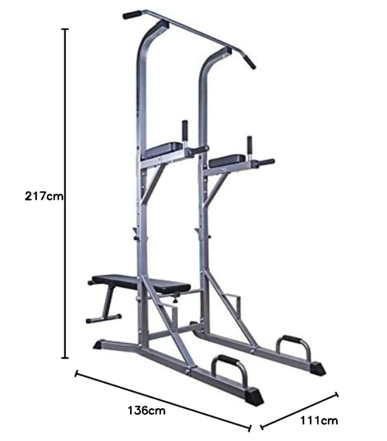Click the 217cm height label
click(44, 196)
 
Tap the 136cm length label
click(146, 411)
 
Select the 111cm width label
click(319, 420)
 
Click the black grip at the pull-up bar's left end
click(132, 15)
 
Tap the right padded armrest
click(227, 160)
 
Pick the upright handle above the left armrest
click(185, 131)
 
